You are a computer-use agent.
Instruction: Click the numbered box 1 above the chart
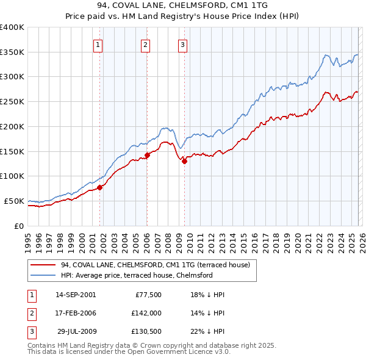[x=98, y=44]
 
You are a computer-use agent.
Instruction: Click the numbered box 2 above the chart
[x=145, y=44]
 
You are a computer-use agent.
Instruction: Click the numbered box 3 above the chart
[x=182, y=44]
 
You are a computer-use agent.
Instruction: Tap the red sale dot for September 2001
[x=99, y=187]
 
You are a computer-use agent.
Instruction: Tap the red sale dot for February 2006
[x=147, y=155]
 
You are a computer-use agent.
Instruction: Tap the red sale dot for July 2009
[x=184, y=161]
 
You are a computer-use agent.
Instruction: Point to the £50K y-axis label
[x=14, y=201]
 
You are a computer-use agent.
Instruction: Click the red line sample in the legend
[x=43, y=265]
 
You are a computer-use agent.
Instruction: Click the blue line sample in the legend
[x=43, y=275]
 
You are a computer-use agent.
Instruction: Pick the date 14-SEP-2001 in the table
[x=76, y=295]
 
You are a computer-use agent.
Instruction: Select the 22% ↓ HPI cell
[x=207, y=333]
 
